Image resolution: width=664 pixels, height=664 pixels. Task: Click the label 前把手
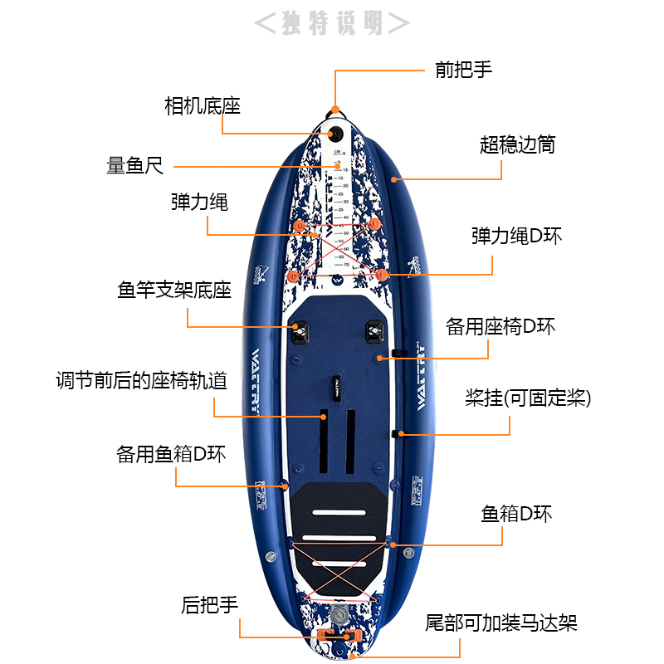pyautogui.click(x=464, y=70)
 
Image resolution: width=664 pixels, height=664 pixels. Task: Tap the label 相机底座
pyautogui.click(x=202, y=106)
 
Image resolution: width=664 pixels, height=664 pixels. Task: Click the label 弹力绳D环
pyautogui.click(x=516, y=236)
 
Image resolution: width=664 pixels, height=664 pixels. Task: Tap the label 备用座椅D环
pyautogui.click(x=500, y=326)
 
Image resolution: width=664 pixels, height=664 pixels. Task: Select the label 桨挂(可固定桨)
pyautogui.click(x=528, y=398)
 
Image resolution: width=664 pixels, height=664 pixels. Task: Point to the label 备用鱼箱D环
pyautogui.click(x=171, y=455)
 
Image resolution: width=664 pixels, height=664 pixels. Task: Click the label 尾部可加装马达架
pyautogui.click(x=501, y=622)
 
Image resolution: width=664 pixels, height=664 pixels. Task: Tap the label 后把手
pyautogui.click(x=210, y=605)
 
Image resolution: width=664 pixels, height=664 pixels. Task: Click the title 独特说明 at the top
pyautogui.click(x=331, y=22)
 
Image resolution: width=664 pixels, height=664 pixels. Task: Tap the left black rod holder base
pyautogui.click(x=299, y=334)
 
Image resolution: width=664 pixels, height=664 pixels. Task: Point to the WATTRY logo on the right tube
pyautogui.click(x=420, y=377)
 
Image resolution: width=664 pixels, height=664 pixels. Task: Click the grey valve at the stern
pyautogui.click(x=339, y=615)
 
